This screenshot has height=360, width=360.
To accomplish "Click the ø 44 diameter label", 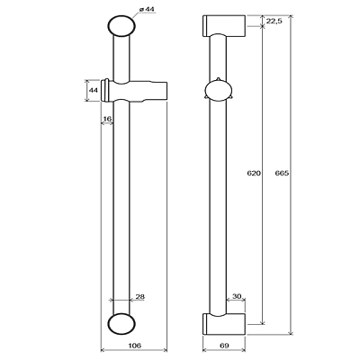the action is click(x=147, y=10).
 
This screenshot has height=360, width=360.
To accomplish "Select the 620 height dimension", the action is click(x=254, y=173).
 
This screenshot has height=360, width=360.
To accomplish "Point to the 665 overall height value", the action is click(x=282, y=173).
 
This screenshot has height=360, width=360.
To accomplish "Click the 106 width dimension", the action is click(x=135, y=346).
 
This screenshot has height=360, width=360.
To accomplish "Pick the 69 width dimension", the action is click(x=224, y=346).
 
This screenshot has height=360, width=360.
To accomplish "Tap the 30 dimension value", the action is click(x=237, y=296).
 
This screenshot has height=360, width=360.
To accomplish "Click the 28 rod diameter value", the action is click(x=140, y=297).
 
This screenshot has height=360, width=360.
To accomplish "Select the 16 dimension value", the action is click(x=107, y=119).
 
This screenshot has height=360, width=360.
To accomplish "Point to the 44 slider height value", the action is click(x=94, y=90).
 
